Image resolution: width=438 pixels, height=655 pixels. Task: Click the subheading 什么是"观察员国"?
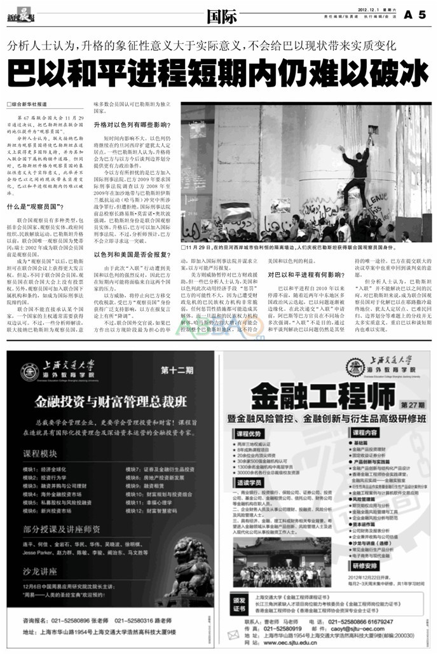[35, 207]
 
